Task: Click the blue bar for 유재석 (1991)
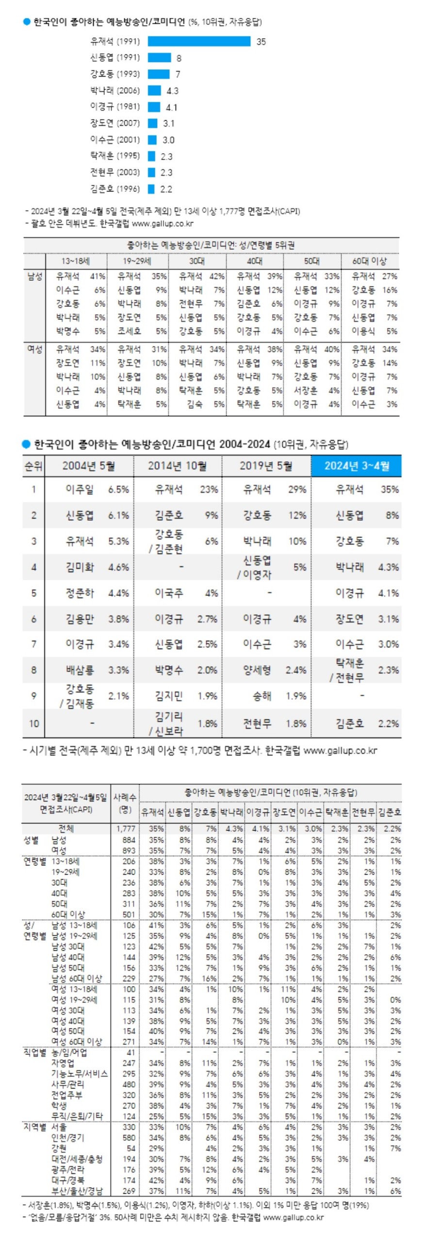point(199,42)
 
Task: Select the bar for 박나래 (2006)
point(154,91)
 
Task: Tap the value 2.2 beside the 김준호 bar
point(166,189)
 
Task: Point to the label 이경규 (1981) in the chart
point(115,107)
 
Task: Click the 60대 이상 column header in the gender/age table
point(369,261)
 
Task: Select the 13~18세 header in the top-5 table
point(75,261)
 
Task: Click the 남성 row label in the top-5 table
point(34,276)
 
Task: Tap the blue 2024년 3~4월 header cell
point(357,466)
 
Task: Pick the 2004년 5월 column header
point(88,466)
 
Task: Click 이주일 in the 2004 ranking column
point(80,489)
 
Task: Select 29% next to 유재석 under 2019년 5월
point(297,489)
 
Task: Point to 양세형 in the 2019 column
point(257,670)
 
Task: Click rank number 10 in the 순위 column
point(34,723)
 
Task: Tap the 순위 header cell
point(34,466)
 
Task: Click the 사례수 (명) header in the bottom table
point(125,803)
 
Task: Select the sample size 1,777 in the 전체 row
point(126,829)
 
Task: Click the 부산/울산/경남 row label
point(77,1191)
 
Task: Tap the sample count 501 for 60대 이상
point(129,914)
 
